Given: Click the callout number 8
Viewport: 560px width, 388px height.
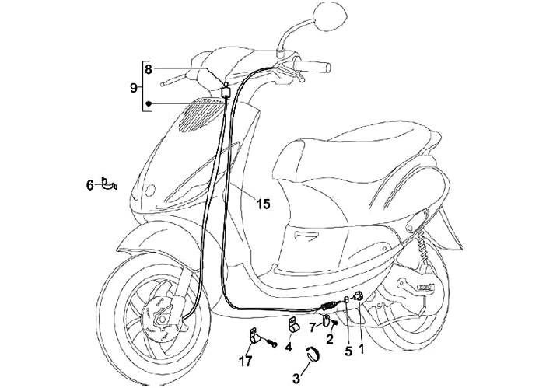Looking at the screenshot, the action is (149, 68).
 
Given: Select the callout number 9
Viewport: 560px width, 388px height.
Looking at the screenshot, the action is (134, 87).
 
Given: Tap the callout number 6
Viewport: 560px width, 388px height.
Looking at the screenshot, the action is (89, 185).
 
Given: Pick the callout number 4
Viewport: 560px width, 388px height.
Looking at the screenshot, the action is (289, 347).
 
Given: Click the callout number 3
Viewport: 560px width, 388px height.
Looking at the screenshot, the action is (296, 378).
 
